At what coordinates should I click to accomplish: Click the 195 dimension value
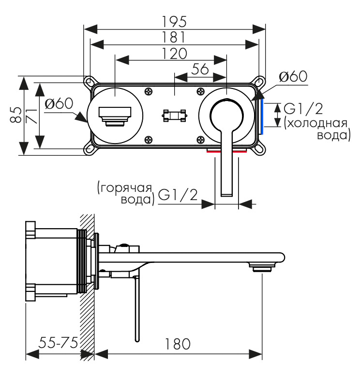click(x=175, y=21)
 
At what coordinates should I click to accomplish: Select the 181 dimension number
click(x=175, y=37)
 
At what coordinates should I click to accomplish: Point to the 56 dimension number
click(x=200, y=69)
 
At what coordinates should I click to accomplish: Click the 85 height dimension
click(x=15, y=115)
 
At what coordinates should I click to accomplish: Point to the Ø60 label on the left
click(x=59, y=104)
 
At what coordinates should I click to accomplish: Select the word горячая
click(x=124, y=188)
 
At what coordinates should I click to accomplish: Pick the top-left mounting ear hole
click(x=89, y=81)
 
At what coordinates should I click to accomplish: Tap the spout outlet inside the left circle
click(x=115, y=116)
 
